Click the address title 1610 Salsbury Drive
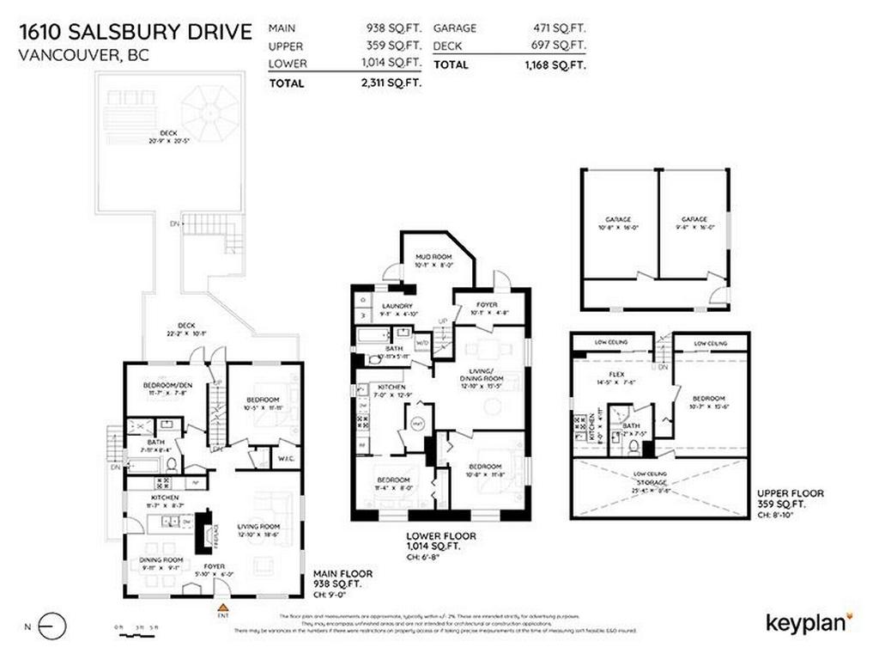(136, 33)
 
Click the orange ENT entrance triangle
(222, 608)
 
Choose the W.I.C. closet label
(287, 458)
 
